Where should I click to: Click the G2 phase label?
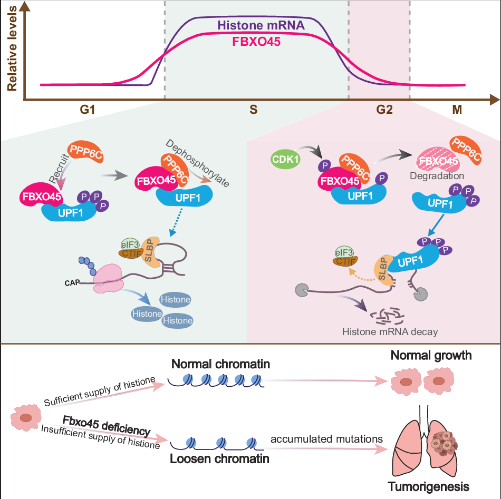pos(384,111)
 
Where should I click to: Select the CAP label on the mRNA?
pos(72,282)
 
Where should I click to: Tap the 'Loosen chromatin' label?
pos(219,458)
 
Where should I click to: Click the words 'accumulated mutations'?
pos(326,439)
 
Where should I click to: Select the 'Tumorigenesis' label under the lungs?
pos(429,485)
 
